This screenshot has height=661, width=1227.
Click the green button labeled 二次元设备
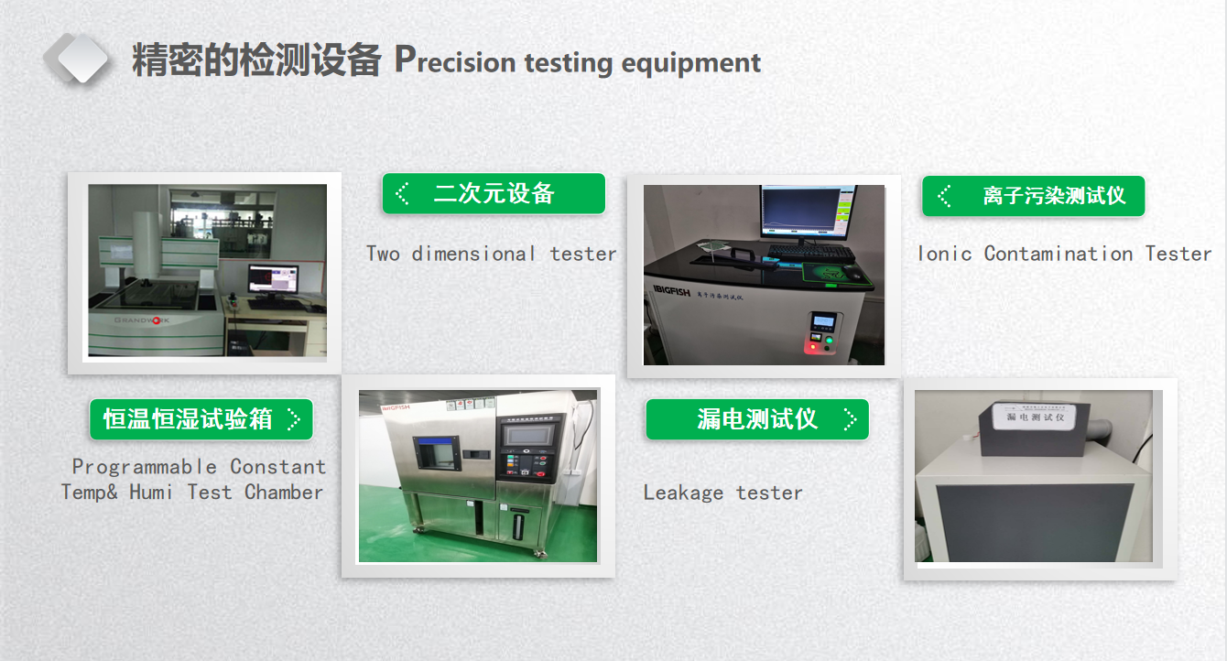click(494, 194)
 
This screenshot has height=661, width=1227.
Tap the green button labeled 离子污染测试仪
click(1033, 196)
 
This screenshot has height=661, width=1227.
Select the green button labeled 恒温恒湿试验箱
click(201, 419)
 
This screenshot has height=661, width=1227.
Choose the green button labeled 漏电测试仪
click(756, 419)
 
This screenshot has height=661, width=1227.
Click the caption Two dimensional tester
click(491, 254)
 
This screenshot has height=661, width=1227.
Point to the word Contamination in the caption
click(1059, 254)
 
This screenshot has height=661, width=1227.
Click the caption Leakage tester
click(722, 493)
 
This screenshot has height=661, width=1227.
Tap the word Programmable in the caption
click(144, 467)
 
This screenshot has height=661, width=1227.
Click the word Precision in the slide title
click(454, 62)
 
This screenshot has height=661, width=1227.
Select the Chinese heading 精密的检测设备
click(256, 61)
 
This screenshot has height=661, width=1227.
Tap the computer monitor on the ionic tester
click(804, 211)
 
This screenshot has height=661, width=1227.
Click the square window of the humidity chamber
click(435, 454)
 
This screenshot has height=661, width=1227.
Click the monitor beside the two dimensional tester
click(273, 282)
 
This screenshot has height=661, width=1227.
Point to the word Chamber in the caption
click(284, 493)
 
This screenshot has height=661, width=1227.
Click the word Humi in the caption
click(151, 493)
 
